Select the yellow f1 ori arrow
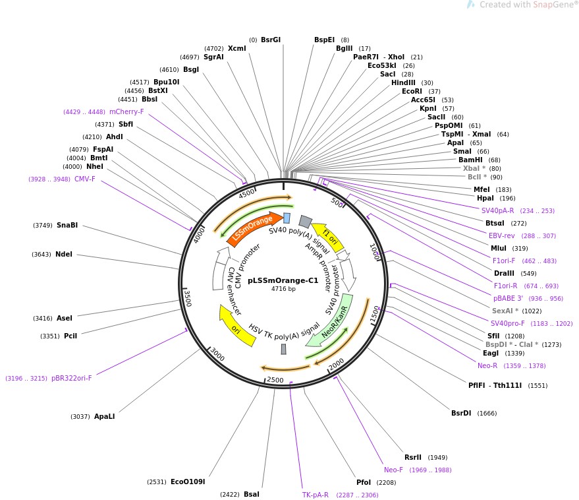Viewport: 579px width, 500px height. tap(329, 237)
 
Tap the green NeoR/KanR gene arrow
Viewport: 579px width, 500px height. tap(331, 322)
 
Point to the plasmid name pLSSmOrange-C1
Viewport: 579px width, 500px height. tap(283, 280)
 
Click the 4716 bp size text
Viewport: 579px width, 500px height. tap(283, 289)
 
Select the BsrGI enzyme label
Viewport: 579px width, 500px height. tap(271, 40)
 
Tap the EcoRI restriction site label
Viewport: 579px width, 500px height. tap(412, 91)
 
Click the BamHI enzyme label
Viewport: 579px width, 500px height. tap(470, 160)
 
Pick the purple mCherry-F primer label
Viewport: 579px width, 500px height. tap(126, 111)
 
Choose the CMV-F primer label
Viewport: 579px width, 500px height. tap(85, 179)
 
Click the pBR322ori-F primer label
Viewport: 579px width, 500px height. tap(72, 379)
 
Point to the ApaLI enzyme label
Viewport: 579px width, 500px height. tap(105, 416)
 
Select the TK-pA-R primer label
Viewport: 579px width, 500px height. tap(316, 495)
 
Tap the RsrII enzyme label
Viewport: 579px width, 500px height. tap(413, 458)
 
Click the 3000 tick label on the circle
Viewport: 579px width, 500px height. tap(217, 354)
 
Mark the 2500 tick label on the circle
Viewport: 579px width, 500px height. tap(275, 380)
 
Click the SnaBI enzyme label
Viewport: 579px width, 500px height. tap(67, 225)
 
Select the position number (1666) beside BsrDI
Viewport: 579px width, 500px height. tap(487, 414)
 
